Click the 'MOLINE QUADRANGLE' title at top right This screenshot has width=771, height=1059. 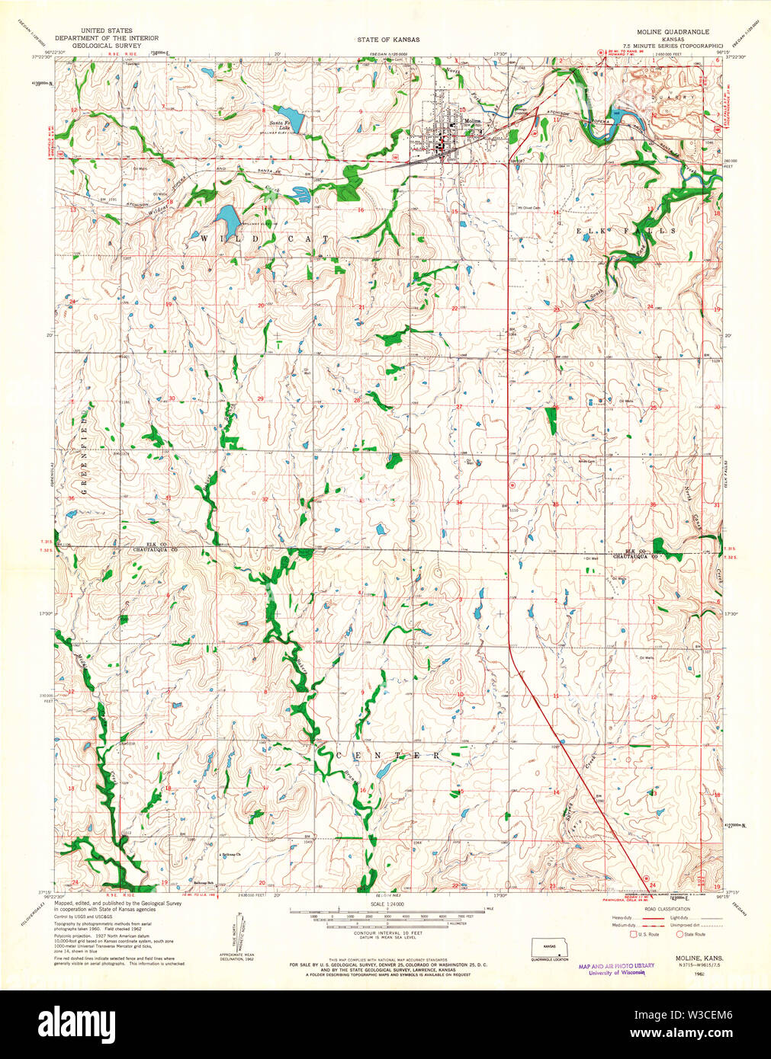pyautogui.click(x=673, y=32)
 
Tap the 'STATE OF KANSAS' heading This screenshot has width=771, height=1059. pyautogui.click(x=387, y=39)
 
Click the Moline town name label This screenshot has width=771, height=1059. pyautogui.click(x=473, y=121)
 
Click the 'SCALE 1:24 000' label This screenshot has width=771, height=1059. pyautogui.click(x=387, y=904)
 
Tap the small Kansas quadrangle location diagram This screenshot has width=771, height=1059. pyautogui.click(x=551, y=949)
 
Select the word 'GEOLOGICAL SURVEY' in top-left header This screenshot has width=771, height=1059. pyautogui.click(x=107, y=46)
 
